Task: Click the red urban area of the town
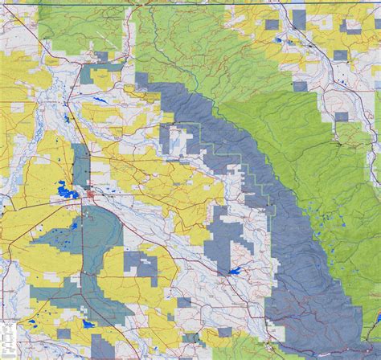(93, 194)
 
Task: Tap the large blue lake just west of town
(65, 192)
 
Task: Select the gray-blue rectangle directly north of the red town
(81, 165)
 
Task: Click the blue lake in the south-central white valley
(235, 272)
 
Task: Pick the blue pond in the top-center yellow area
(278, 39)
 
